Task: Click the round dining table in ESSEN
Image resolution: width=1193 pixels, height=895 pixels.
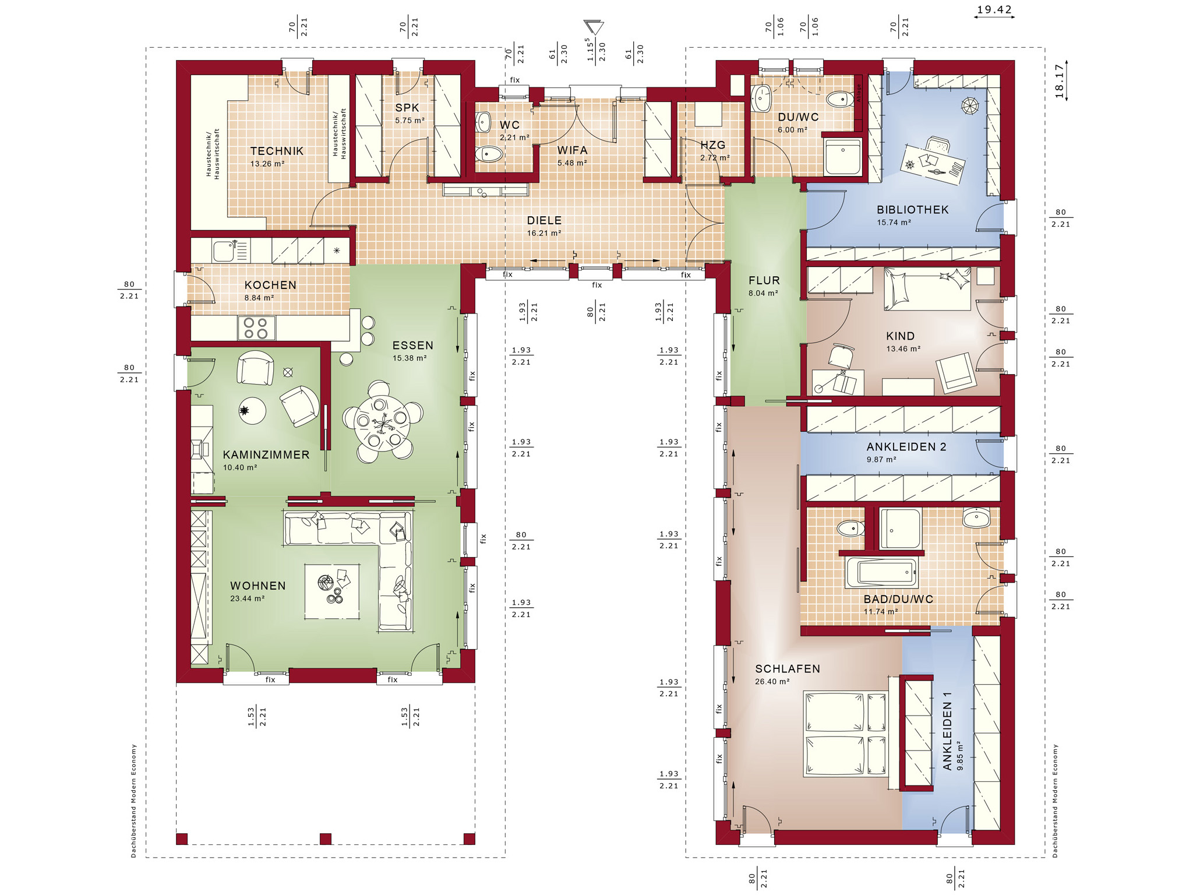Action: pyautogui.click(x=382, y=423)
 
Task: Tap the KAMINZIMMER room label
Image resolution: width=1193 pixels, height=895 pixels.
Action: pyautogui.click(x=266, y=455)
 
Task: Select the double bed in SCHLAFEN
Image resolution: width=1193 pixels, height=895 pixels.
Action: pyautogui.click(x=845, y=734)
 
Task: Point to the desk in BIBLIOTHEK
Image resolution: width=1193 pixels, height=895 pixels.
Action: pyautogui.click(x=933, y=164)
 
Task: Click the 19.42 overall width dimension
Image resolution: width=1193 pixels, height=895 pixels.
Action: pyautogui.click(x=994, y=10)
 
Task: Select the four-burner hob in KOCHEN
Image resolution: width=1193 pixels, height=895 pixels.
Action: pyautogui.click(x=256, y=328)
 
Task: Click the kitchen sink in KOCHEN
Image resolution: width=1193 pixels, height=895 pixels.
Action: pyautogui.click(x=225, y=251)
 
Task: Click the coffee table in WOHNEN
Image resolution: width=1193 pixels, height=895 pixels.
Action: pyautogui.click(x=331, y=590)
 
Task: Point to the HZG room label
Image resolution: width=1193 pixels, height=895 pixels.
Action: pyautogui.click(x=713, y=145)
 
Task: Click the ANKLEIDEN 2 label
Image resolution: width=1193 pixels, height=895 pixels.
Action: pyautogui.click(x=906, y=447)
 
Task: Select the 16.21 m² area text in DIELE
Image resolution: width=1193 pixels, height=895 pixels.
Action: pyautogui.click(x=543, y=233)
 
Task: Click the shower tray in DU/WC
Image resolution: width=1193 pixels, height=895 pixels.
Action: pyautogui.click(x=842, y=156)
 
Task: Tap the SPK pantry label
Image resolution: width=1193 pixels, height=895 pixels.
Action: pyautogui.click(x=407, y=108)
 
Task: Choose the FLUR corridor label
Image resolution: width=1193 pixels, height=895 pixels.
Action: pyautogui.click(x=764, y=281)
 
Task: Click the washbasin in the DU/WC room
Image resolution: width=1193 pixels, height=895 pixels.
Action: pyautogui.click(x=761, y=98)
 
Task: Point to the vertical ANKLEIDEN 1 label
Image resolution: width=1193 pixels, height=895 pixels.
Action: pyautogui.click(x=948, y=731)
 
